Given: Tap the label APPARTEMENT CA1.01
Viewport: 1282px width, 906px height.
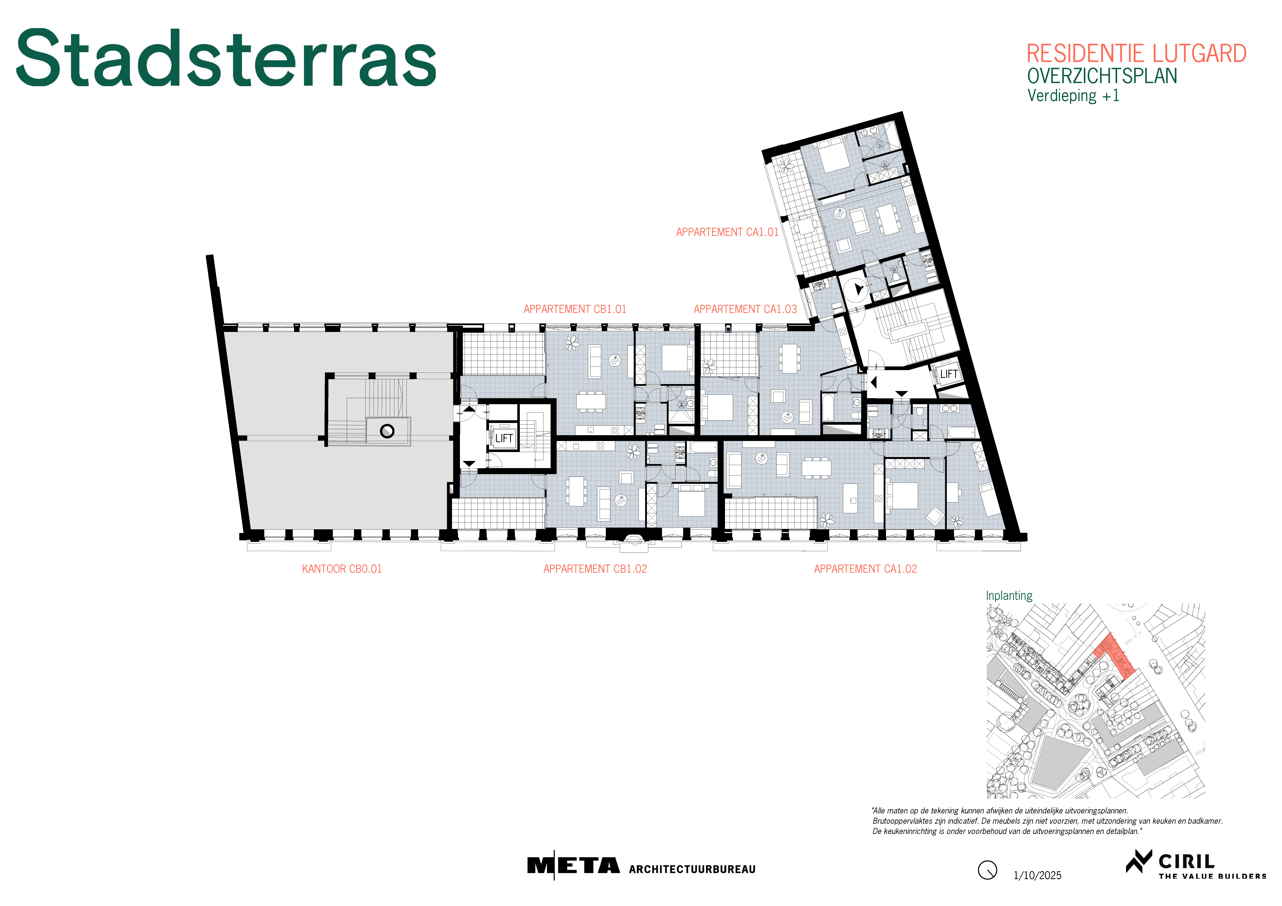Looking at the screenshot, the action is tap(727, 232).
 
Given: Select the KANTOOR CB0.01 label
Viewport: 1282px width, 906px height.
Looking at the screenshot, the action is tap(342, 569).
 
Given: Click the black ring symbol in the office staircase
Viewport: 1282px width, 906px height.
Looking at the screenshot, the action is tap(387, 431).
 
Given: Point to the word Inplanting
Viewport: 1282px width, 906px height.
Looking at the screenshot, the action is tap(1009, 596).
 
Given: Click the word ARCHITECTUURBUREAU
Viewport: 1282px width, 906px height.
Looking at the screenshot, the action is tap(692, 869).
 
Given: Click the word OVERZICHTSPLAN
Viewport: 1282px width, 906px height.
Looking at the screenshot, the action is tap(1102, 76).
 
